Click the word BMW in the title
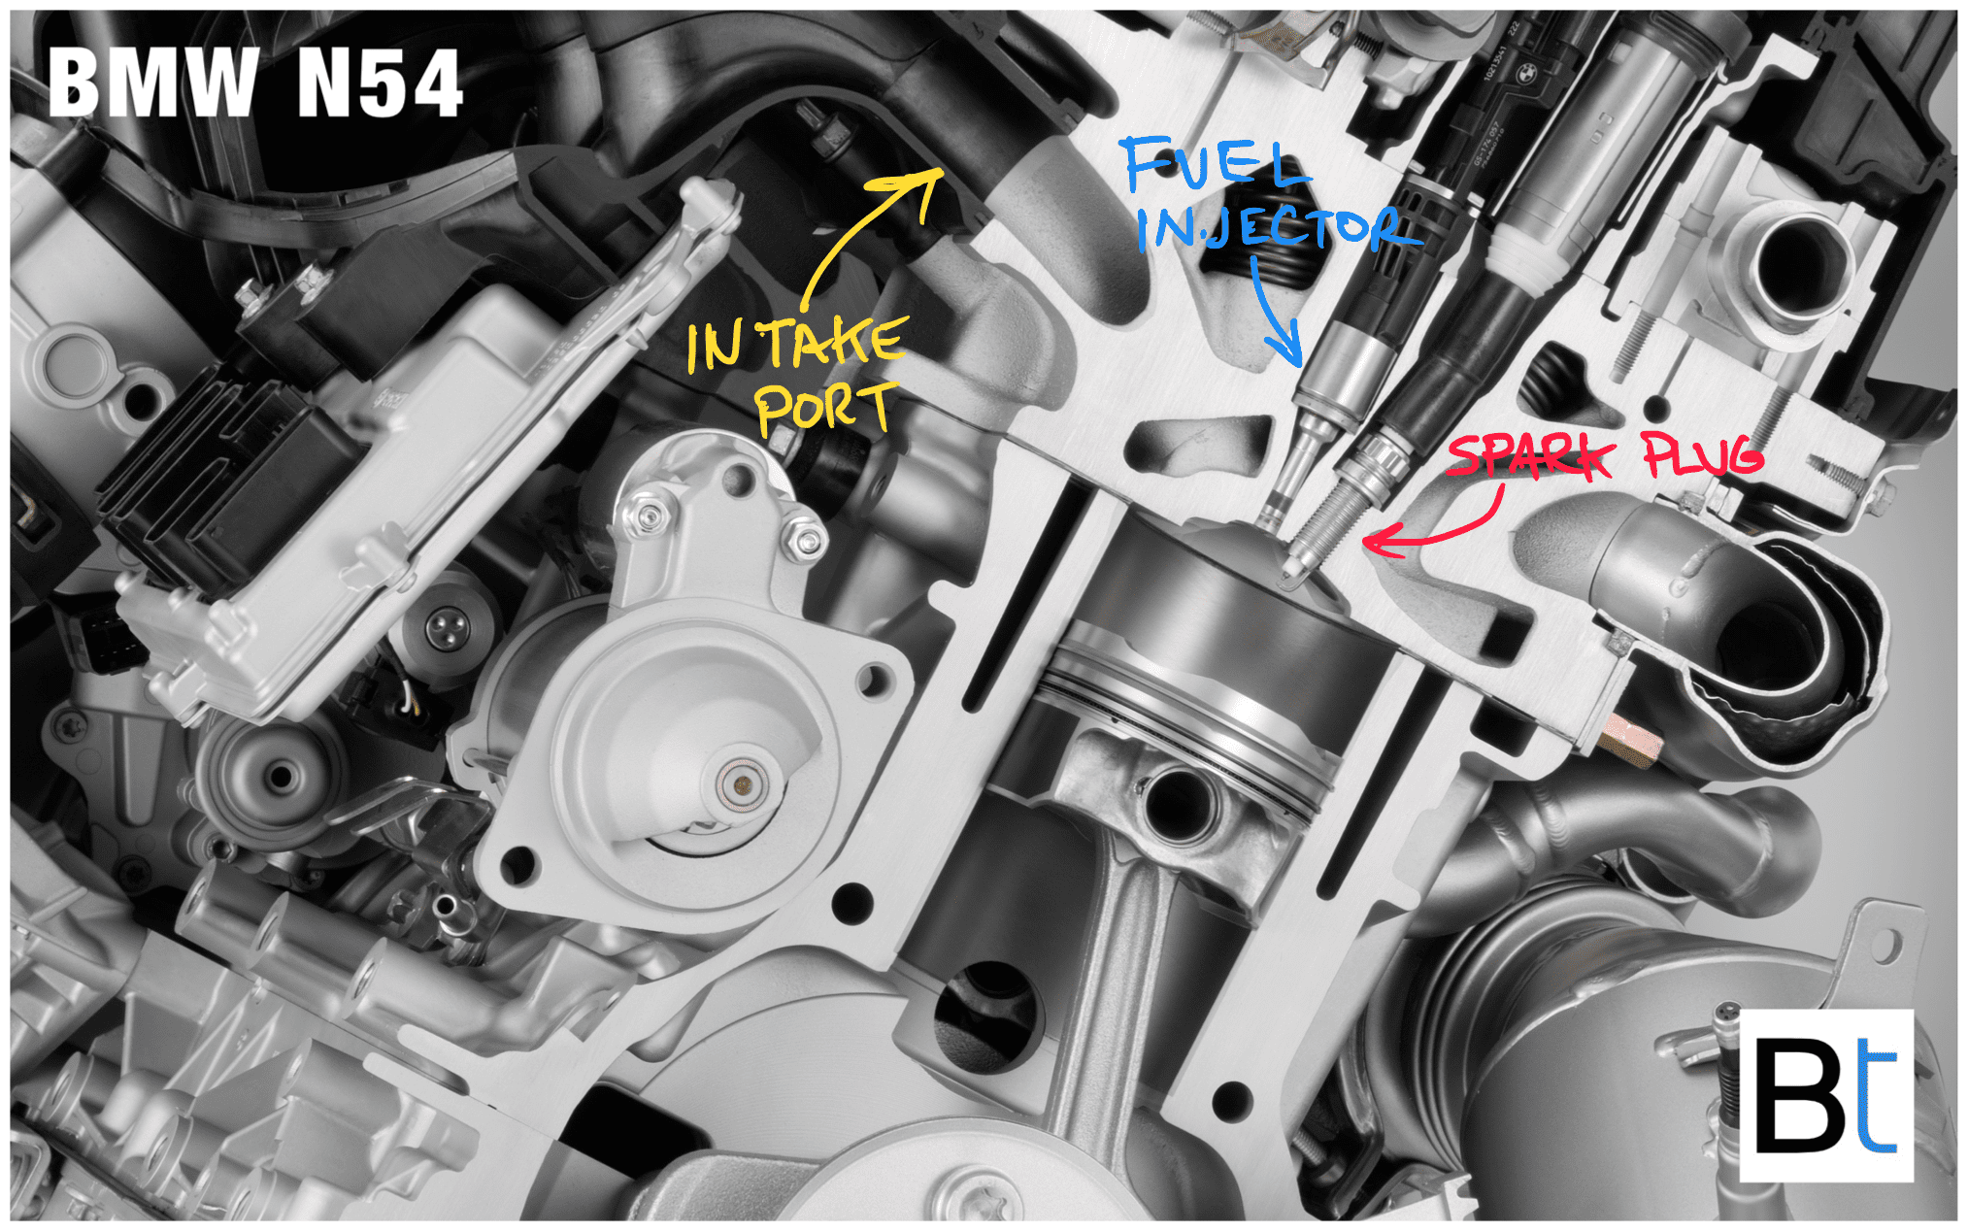pyautogui.click(x=152, y=83)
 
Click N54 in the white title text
pyautogui.click(x=380, y=84)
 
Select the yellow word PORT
pyautogui.click(x=825, y=407)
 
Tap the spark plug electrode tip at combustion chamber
pyautogui.click(x=1291, y=573)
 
